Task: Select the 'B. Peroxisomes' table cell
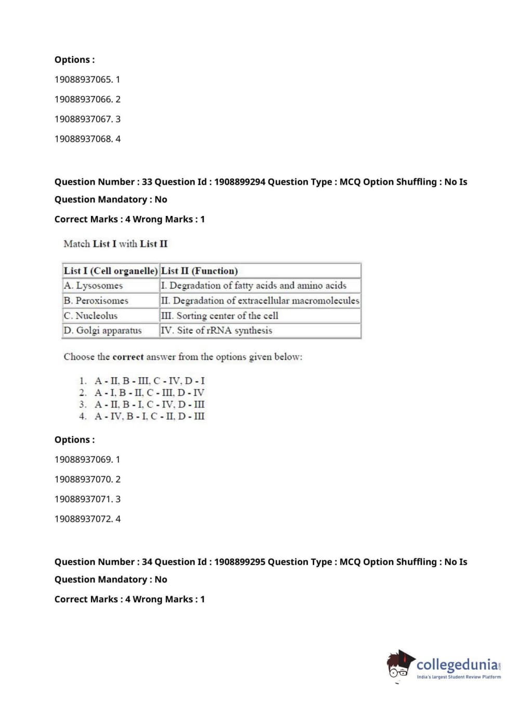tap(96, 301)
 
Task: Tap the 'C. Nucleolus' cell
tap(91, 316)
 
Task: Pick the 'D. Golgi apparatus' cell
tap(103, 331)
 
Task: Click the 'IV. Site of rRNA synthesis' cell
tap(217, 331)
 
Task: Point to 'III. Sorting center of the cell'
tap(220, 316)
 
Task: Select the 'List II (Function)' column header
tap(199, 271)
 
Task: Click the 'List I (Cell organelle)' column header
tap(110, 271)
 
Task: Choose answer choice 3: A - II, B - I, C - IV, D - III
tap(149, 404)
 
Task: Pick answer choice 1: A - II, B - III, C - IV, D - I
tap(149, 381)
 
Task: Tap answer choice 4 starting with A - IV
tap(149, 416)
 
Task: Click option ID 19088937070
tap(87, 479)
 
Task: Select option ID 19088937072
tap(87, 519)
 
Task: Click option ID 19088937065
tap(87, 79)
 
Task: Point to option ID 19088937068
tap(87, 139)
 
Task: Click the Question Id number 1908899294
tap(239, 182)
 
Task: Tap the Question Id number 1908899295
tap(239, 562)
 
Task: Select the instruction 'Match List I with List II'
tap(115, 244)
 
